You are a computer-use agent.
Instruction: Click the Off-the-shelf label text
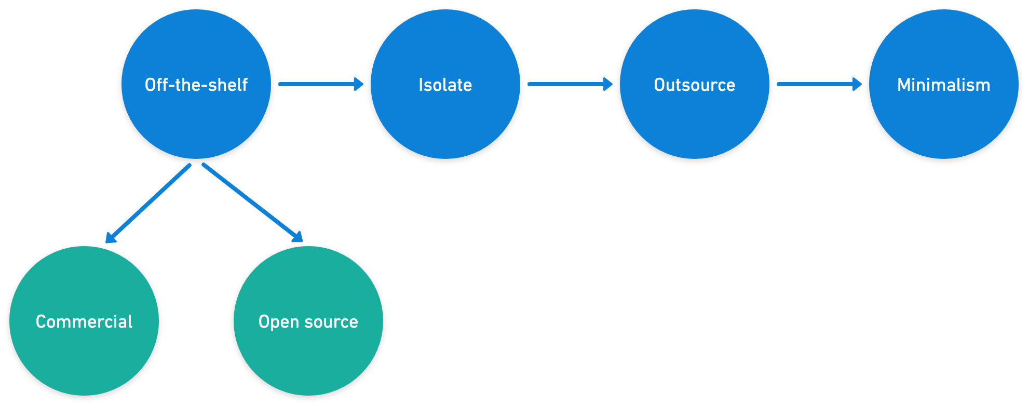pyautogui.click(x=196, y=85)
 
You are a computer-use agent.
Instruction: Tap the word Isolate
pyautogui.click(x=445, y=85)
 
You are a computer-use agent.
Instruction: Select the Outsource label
pyautogui.click(x=694, y=85)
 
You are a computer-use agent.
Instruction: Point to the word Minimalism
pyautogui.click(x=943, y=85)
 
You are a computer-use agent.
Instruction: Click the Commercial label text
pyautogui.click(x=84, y=321)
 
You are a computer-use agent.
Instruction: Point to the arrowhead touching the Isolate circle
pyautogui.click(x=359, y=84)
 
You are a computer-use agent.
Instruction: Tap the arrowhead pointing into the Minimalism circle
pyautogui.click(x=857, y=84)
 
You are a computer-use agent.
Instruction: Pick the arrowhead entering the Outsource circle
pyautogui.click(x=608, y=84)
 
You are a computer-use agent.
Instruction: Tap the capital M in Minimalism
pyautogui.click(x=904, y=85)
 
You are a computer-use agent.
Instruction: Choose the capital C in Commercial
pyautogui.click(x=42, y=321)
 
